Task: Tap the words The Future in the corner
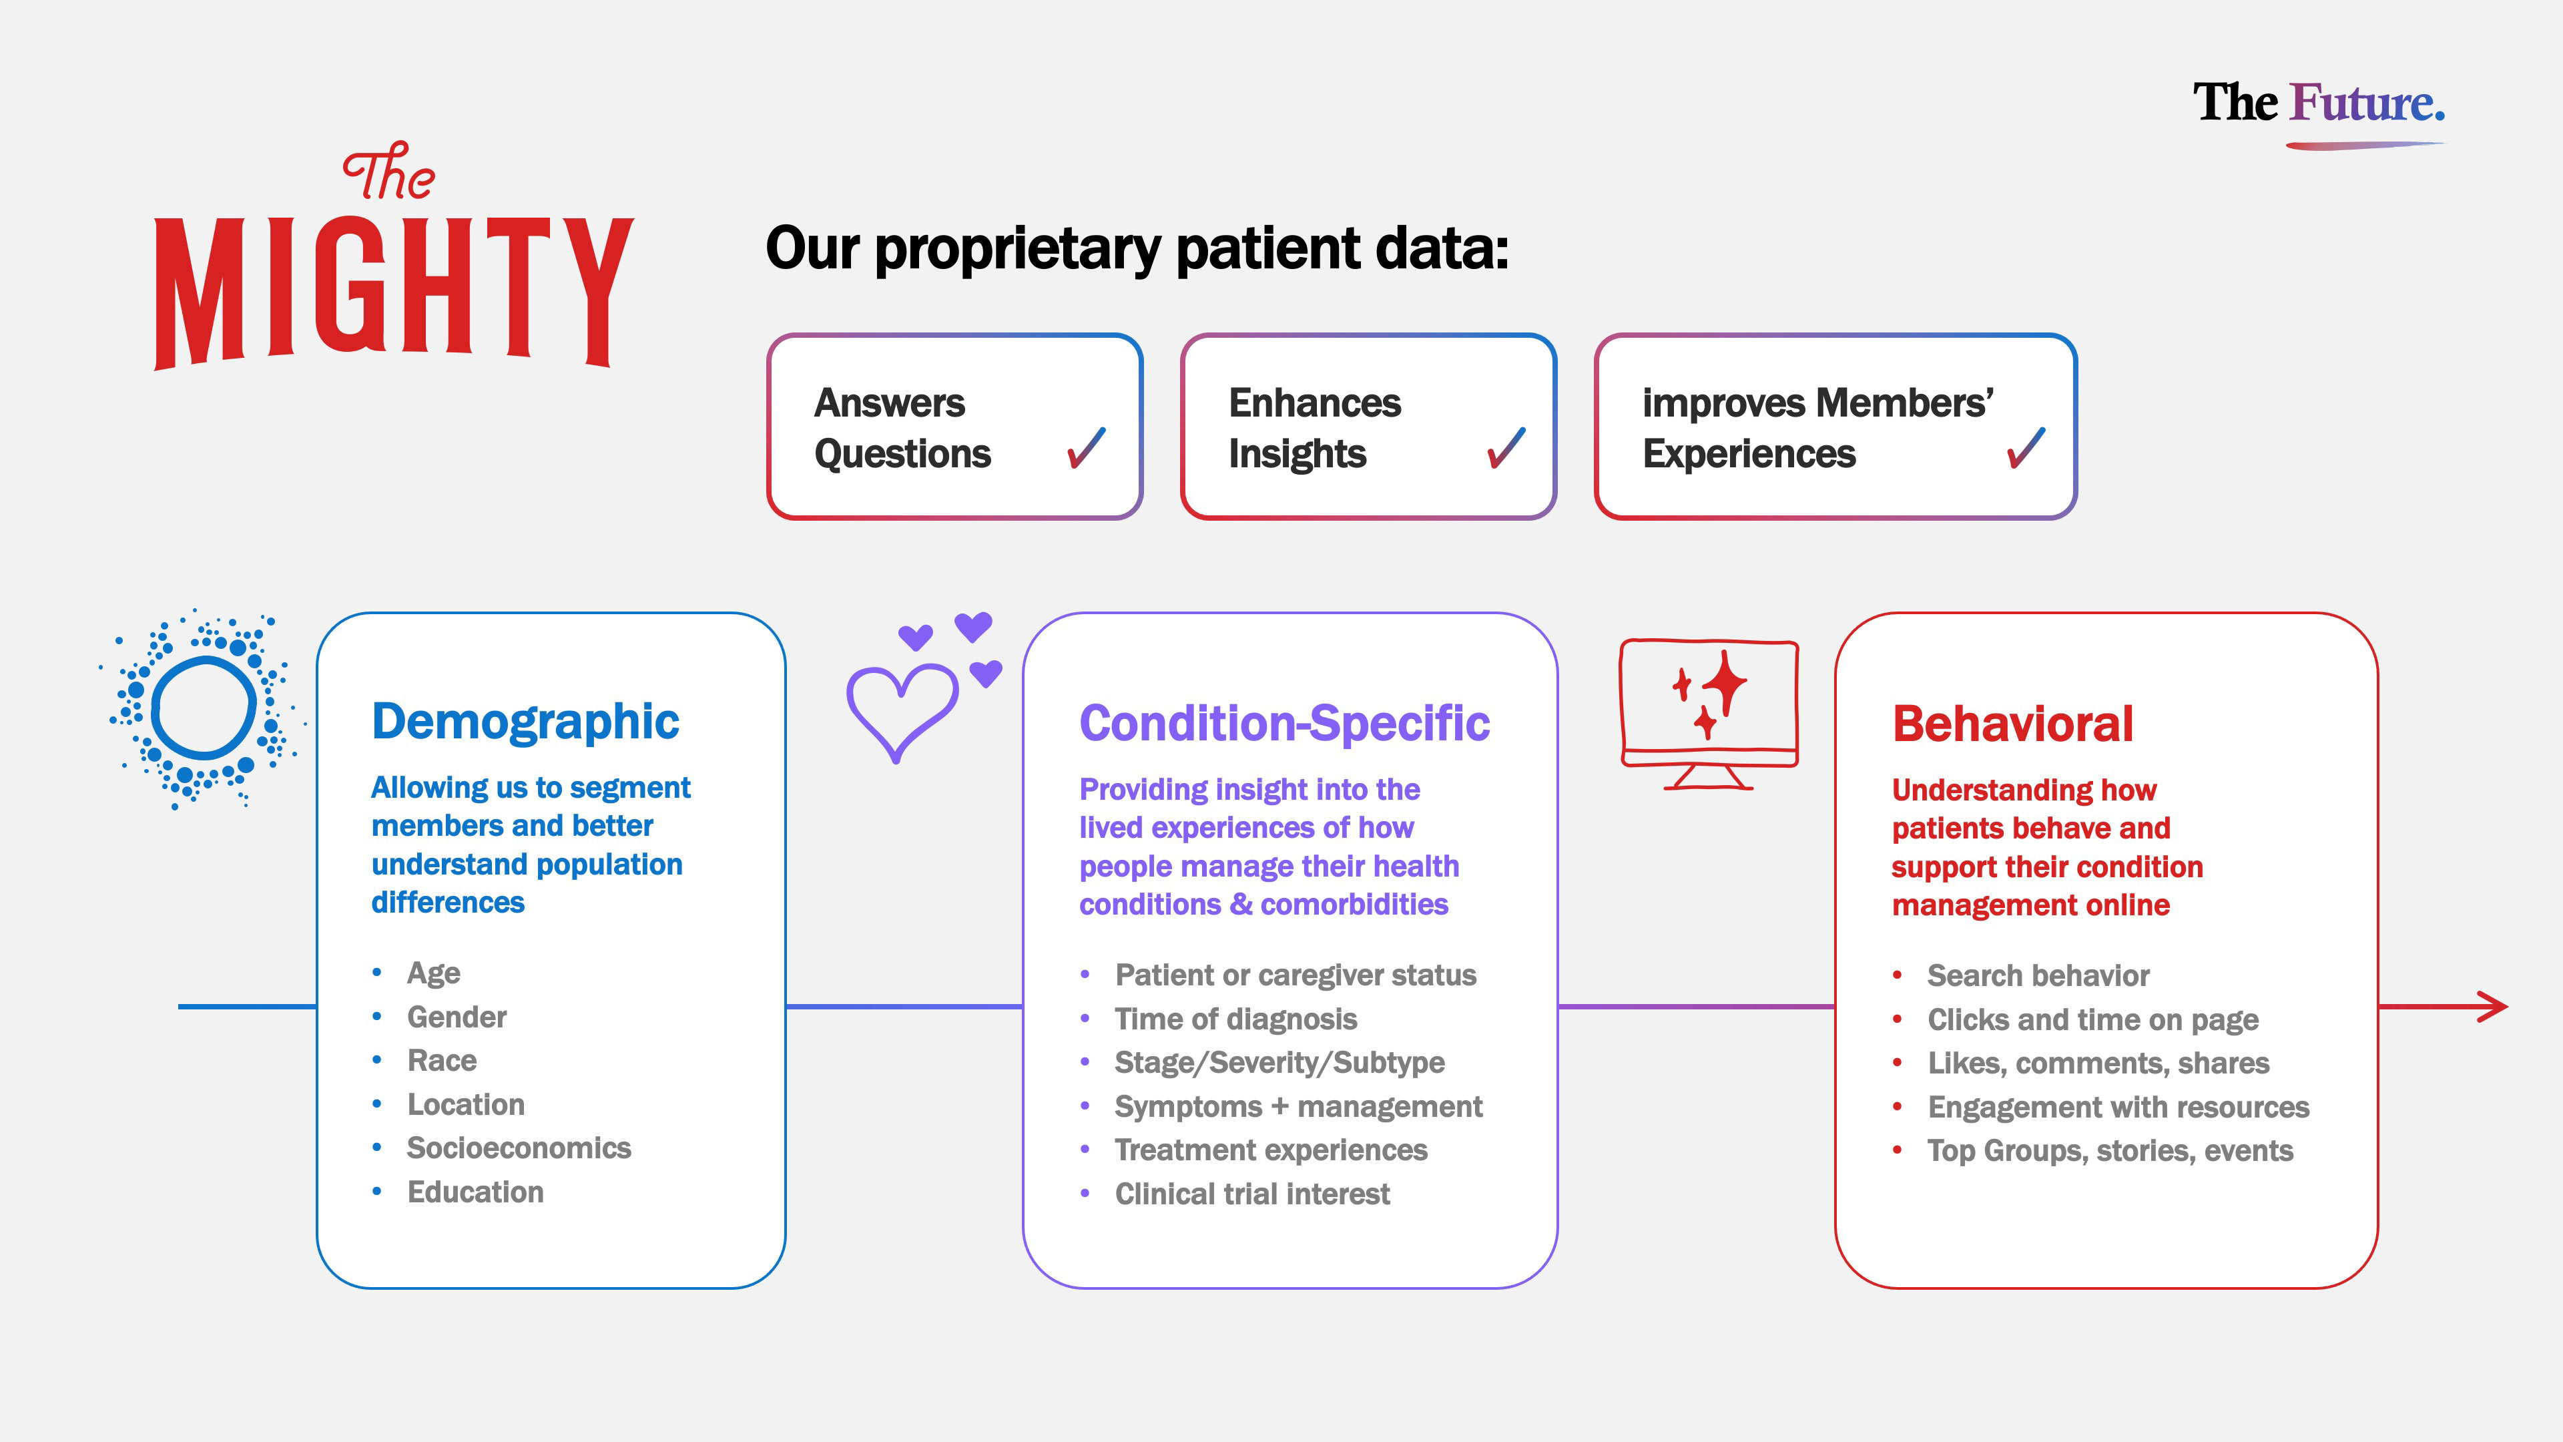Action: pyautogui.click(x=2318, y=103)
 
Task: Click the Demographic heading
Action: pyautogui.click(x=525, y=722)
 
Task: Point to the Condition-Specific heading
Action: pyautogui.click(x=1284, y=724)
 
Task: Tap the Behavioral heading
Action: pyautogui.click(x=2012, y=724)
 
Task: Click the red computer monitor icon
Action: pyautogui.click(x=1709, y=712)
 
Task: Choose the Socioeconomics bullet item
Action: pyautogui.click(x=519, y=1148)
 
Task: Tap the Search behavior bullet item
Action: pyautogui.click(x=2038, y=975)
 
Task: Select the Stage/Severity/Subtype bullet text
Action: pyautogui.click(x=1279, y=1063)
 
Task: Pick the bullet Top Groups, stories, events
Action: pyautogui.click(x=2109, y=1150)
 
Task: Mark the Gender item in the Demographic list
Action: pyautogui.click(x=457, y=1017)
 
